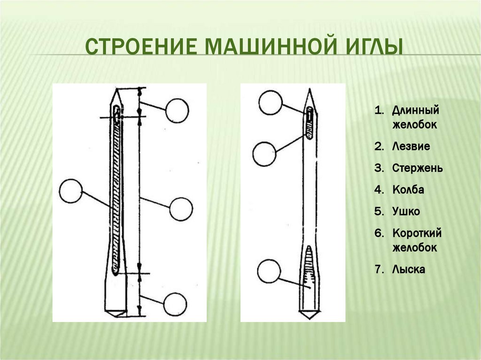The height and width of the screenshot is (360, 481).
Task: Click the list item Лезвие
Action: click(x=411, y=146)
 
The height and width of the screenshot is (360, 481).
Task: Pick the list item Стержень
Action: click(x=418, y=168)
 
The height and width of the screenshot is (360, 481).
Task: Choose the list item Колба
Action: click(x=408, y=190)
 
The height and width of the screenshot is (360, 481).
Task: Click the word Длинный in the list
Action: click(x=416, y=111)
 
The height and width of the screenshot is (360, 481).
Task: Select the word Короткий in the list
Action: click(x=417, y=233)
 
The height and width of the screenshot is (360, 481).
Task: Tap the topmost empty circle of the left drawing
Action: click(x=177, y=111)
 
